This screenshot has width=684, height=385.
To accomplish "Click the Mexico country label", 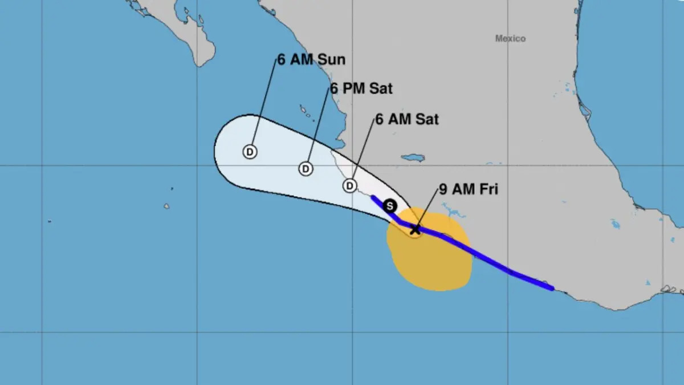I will (510, 39).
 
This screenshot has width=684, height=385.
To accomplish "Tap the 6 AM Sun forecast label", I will (311, 59).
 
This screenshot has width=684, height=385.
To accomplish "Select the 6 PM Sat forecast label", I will (361, 89).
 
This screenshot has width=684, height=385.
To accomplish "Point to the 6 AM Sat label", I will (407, 120).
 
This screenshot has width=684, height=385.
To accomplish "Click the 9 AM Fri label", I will (469, 189).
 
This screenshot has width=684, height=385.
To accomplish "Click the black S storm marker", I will (390, 206).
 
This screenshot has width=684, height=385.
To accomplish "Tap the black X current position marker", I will (416, 229).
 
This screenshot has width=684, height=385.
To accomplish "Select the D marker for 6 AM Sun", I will (250, 152).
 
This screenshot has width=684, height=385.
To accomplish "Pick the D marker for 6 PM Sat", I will (306, 169).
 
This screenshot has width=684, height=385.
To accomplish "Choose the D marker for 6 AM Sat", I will (350, 186).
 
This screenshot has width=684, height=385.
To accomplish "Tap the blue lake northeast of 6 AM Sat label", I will (412, 157).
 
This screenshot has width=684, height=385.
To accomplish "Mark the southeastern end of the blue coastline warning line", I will (552, 288).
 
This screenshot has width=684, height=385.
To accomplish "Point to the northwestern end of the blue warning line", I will (372, 197).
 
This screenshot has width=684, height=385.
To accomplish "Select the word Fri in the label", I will (486, 189).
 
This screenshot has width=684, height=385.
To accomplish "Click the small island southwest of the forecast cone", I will (166, 206).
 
